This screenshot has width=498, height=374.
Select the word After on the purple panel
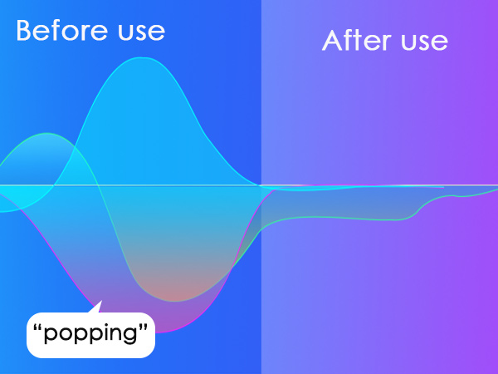(357, 40)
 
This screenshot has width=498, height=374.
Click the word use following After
(425, 42)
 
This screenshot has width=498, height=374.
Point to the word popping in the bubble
(90, 333)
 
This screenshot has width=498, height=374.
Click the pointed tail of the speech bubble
(101, 301)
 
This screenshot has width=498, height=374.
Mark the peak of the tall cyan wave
(142, 58)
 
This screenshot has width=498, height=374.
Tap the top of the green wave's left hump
(47, 134)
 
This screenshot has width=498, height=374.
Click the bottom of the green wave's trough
(175, 301)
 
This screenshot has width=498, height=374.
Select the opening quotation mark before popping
(38, 327)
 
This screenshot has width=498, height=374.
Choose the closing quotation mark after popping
(144, 327)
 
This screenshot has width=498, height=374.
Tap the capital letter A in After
(332, 41)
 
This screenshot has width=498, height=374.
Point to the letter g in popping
(130, 336)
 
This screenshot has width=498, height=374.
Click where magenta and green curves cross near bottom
(232, 268)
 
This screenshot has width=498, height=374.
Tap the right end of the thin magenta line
(444, 188)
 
